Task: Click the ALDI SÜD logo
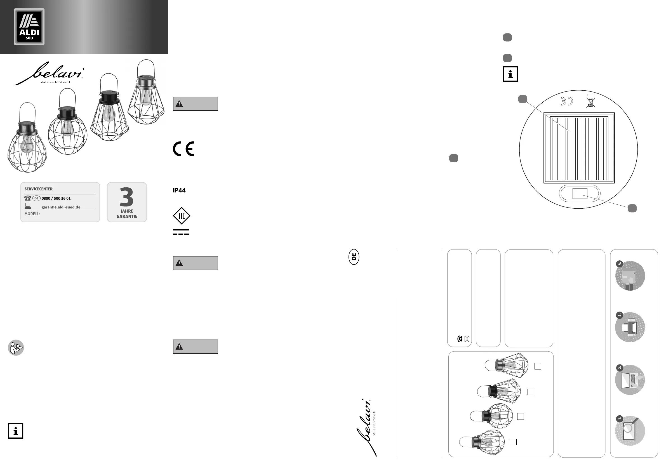pyautogui.click(x=29, y=27)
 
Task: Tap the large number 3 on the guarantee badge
pyautogui.click(x=127, y=197)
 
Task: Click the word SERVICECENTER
pyautogui.click(x=39, y=189)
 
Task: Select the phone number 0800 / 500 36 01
pyautogui.click(x=56, y=198)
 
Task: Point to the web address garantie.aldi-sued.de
pyautogui.click(x=61, y=207)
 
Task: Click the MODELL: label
pyautogui.click(x=32, y=214)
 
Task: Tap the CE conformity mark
pyautogui.click(x=183, y=149)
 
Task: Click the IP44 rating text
pyautogui.click(x=179, y=190)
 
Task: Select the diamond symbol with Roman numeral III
pyautogui.click(x=182, y=216)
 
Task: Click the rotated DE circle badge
pyautogui.click(x=354, y=257)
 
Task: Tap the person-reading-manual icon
pyautogui.click(x=16, y=348)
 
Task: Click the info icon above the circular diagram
pyautogui.click(x=510, y=74)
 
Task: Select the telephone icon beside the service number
pyautogui.click(x=28, y=198)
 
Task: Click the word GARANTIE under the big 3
pyautogui.click(x=127, y=216)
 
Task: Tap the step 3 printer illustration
pyautogui.click(x=630, y=328)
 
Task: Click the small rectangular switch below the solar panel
pyautogui.click(x=580, y=194)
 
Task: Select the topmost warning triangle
pyautogui.click(x=179, y=104)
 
